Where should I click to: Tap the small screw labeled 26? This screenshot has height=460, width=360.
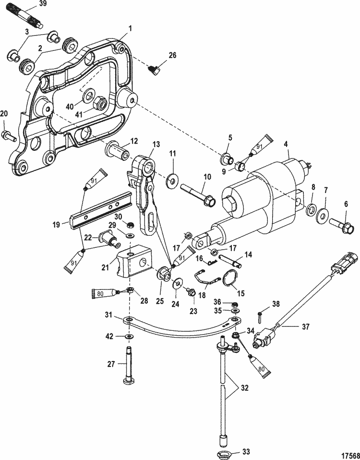154,71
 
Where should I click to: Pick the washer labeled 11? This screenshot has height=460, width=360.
170,182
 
